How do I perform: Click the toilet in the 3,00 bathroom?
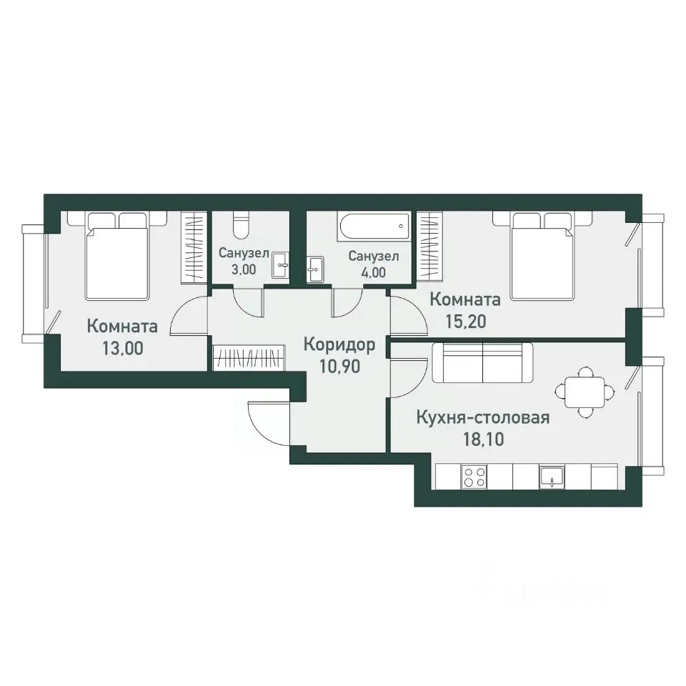point(241,224)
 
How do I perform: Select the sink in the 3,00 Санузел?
point(280,264)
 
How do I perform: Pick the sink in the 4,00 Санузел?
point(315,269)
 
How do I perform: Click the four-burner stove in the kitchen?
point(474,477)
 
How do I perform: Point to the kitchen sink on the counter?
point(552,477)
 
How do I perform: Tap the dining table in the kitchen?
point(585,391)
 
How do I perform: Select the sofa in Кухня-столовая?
point(482,363)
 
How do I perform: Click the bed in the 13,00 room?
point(116,256)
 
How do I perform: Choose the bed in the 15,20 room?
point(542,256)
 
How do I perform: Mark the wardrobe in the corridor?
point(249,358)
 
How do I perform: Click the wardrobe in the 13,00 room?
point(194,247)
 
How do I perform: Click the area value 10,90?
point(339,367)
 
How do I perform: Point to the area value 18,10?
point(484,439)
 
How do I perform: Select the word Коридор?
point(339,344)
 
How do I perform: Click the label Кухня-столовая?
point(483,417)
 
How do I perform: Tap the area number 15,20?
point(465,322)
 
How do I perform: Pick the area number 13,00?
point(123,348)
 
